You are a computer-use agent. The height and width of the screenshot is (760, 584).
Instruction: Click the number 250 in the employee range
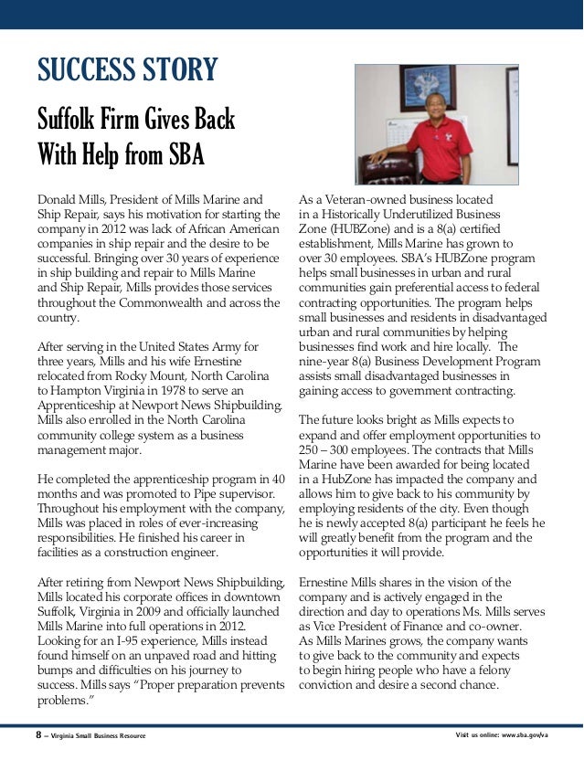tap(311, 451)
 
